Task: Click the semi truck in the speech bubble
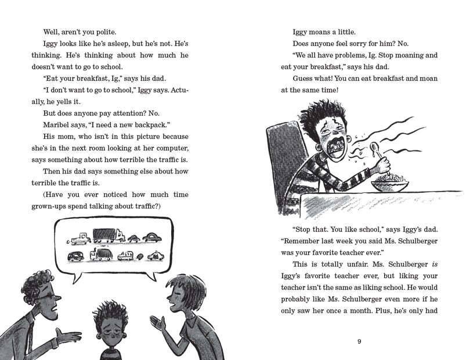[109, 235]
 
